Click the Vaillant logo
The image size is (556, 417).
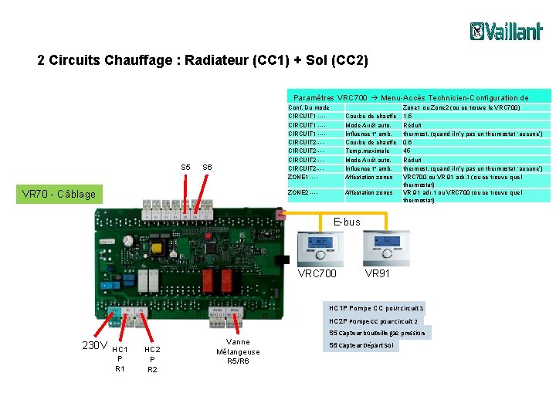[x=506, y=31]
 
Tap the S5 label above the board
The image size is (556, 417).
[x=185, y=168]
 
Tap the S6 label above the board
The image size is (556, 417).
[x=207, y=168]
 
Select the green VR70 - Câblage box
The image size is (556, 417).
[x=59, y=194]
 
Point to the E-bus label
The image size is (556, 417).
[x=346, y=222]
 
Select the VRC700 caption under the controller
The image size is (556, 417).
[x=317, y=273]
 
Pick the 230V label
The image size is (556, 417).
[x=94, y=345]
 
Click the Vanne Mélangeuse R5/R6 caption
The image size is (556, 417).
[x=238, y=351]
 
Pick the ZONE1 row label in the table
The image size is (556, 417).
[x=303, y=177]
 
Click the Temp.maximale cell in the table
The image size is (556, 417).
[x=366, y=151]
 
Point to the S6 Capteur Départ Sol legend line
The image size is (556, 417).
[x=364, y=345]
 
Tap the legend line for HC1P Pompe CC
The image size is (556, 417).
[x=376, y=308]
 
